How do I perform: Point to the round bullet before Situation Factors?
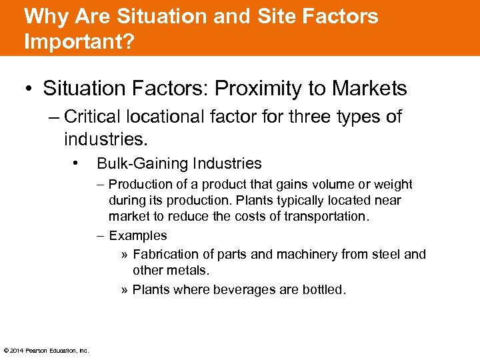(31, 89)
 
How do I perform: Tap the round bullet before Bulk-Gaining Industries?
(78, 163)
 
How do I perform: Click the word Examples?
(138, 235)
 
